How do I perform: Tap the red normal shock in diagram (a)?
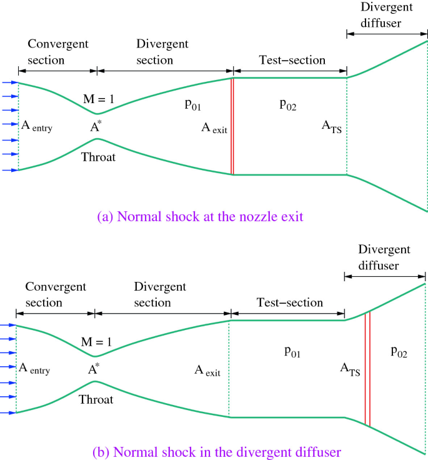[x=232, y=126]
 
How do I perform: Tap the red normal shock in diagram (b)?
[x=367, y=369]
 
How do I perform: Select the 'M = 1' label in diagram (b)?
[x=97, y=342]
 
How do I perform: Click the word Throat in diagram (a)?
[x=99, y=157]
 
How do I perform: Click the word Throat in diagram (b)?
[x=96, y=399]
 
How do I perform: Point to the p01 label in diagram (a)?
[x=192, y=105]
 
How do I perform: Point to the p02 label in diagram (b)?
[x=399, y=351]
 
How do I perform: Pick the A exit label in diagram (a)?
[x=214, y=128]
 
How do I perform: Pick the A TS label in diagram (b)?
[x=350, y=369]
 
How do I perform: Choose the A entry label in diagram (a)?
[x=37, y=127]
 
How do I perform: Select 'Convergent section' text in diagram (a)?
[x=58, y=52]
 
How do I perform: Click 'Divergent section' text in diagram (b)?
[x=161, y=294]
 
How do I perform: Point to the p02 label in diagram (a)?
[x=287, y=105]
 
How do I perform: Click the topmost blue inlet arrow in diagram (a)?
[x=9, y=82]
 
